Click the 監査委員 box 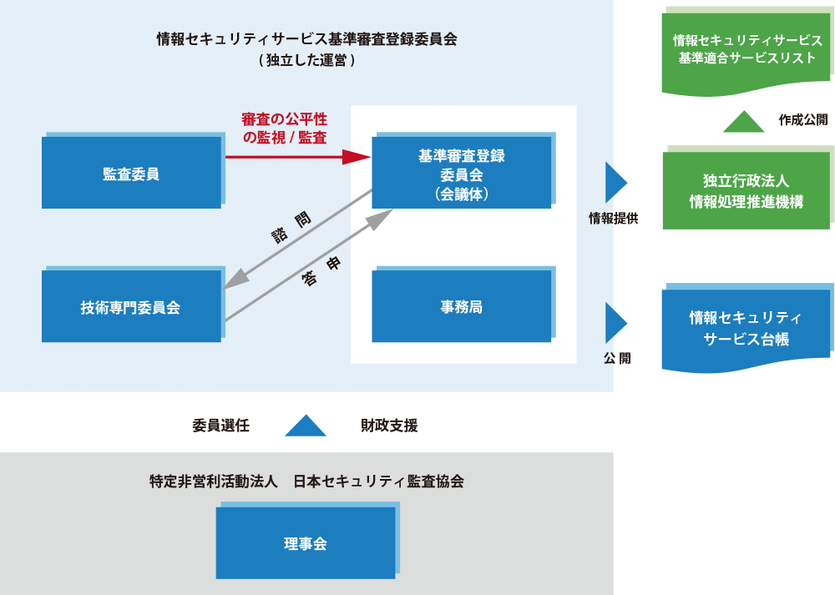[131, 173]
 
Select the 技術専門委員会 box [131, 306]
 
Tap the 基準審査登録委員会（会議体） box [461, 173]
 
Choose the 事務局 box [461, 306]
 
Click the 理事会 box [305, 543]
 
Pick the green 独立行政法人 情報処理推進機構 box [746, 191]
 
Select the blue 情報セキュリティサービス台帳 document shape [746, 328]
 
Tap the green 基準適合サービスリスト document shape [746, 49]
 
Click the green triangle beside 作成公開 [743, 122]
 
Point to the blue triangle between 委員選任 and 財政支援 [305, 426]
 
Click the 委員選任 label [220, 426]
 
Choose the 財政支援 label [389, 426]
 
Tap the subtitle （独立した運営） [306, 60]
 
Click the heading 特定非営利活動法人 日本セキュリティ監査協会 [306, 482]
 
